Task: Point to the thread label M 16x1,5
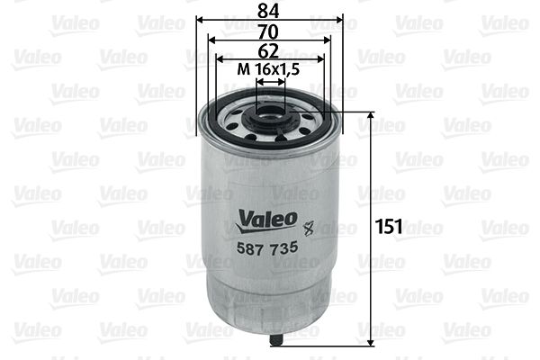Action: coord(269,69)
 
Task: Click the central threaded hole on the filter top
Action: coord(270,114)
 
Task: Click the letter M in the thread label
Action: coord(242,69)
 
